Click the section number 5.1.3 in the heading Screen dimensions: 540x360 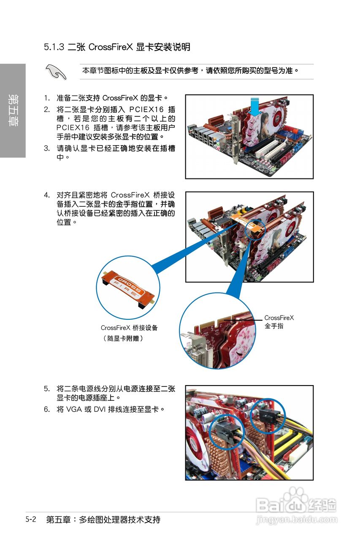[54, 47]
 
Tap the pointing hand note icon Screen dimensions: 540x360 [57, 72]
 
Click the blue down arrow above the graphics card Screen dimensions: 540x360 [254, 106]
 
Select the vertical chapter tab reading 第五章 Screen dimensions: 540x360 [13, 111]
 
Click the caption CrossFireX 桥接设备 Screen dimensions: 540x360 [129, 327]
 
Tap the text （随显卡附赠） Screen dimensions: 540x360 [123, 338]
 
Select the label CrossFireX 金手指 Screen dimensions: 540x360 [279, 321]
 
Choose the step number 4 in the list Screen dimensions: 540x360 [47, 195]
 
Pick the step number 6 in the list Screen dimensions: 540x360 [47, 409]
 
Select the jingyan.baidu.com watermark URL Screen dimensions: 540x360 [297, 519]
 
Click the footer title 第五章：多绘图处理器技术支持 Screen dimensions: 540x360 [103, 519]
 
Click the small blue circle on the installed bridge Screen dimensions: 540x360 [254, 229]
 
